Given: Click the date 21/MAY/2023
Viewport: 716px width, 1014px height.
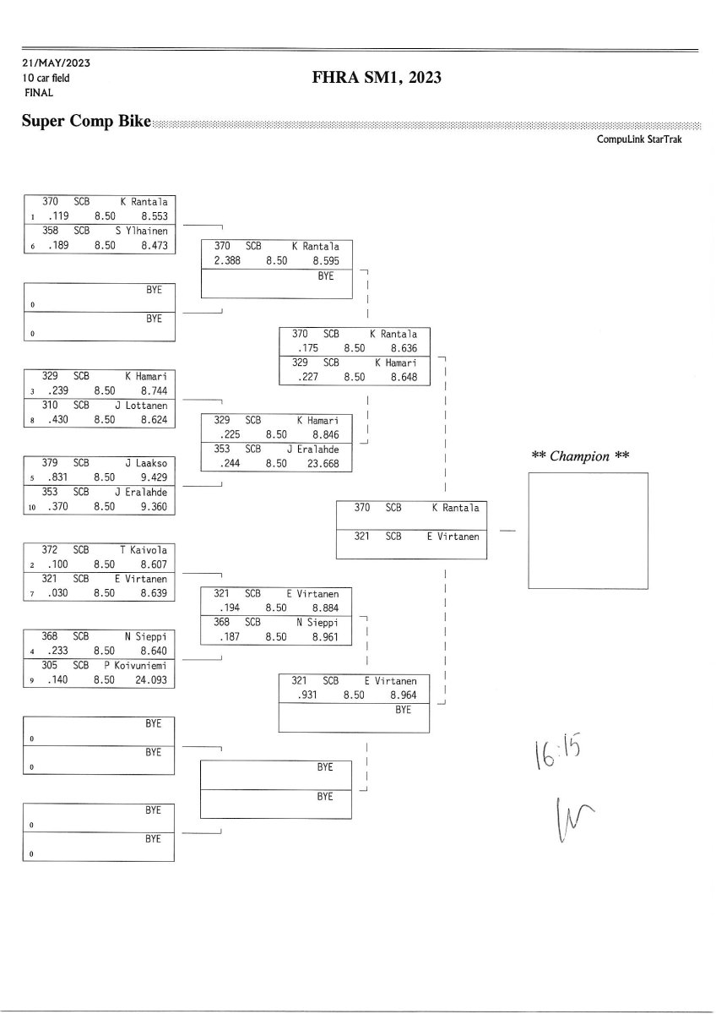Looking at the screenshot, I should pyautogui.click(x=57, y=63).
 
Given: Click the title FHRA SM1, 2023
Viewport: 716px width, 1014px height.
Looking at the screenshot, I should pyautogui.click(x=377, y=79).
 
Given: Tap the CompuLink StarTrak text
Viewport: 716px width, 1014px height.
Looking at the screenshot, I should pyautogui.click(x=639, y=139).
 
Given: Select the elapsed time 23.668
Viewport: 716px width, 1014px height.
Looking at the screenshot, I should pyautogui.click(x=322, y=463).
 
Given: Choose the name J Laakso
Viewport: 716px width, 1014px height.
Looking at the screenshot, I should pyautogui.click(x=146, y=462).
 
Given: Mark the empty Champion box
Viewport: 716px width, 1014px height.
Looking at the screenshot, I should pyautogui.click(x=588, y=531).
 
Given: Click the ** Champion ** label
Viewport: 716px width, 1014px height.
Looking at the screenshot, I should pyautogui.click(x=581, y=456).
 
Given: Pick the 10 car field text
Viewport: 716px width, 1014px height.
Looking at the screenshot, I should pyautogui.click(x=46, y=78).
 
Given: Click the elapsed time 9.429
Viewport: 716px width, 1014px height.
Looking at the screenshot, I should pyautogui.click(x=153, y=477).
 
